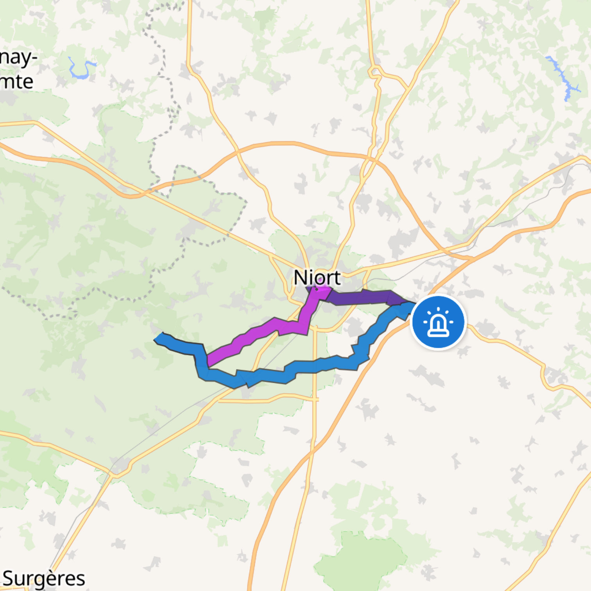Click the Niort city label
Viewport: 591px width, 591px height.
click(317, 278)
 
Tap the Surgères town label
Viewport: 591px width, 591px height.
click(44, 578)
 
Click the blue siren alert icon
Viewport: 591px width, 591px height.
click(438, 322)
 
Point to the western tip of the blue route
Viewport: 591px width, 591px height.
click(157, 338)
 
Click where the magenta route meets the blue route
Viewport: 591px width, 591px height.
click(208, 362)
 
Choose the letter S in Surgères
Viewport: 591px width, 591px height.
click(9, 578)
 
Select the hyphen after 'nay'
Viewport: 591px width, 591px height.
click(34, 59)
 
